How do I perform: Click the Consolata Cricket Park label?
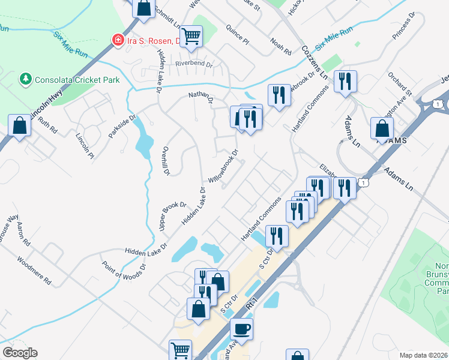(77, 80)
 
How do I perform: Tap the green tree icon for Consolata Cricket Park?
(26, 79)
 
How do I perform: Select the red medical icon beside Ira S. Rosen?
(118, 40)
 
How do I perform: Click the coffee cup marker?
(241, 329)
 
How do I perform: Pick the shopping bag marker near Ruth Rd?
(20, 126)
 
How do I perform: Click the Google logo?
(20, 353)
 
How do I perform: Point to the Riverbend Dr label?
(194, 64)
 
